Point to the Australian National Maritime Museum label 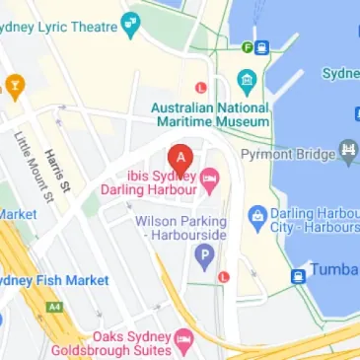(x=208, y=113)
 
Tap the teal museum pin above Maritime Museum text (x=246, y=82)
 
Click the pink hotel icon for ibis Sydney (x=210, y=176)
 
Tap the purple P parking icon (x=204, y=258)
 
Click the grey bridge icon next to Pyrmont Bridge (x=347, y=151)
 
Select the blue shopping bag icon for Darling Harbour (x=256, y=214)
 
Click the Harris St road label (x=58, y=166)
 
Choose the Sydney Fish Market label (x=54, y=281)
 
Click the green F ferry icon (x=248, y=46)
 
